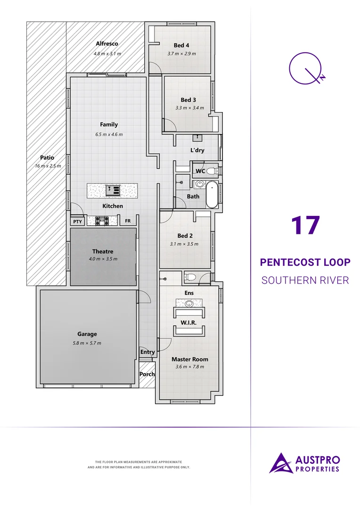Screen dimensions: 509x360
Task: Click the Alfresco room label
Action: (106, 44)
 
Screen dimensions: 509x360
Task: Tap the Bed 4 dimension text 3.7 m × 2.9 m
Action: (181, 54)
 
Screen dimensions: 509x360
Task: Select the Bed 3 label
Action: (188, 100)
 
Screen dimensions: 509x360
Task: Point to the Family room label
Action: (109, 124)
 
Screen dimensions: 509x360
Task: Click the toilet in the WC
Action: (212, 171)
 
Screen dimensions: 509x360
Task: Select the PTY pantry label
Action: (77, 221)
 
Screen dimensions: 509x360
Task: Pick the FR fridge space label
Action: (128, 221)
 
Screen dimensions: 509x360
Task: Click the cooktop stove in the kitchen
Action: (102, 220)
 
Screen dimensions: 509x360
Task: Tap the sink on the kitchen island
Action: (113, 190)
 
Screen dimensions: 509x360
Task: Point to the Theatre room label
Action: (103, 251)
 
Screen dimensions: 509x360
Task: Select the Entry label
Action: (147, 352)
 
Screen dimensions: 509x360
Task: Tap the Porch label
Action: (147, 374)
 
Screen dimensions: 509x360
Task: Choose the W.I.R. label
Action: (189, 323)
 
